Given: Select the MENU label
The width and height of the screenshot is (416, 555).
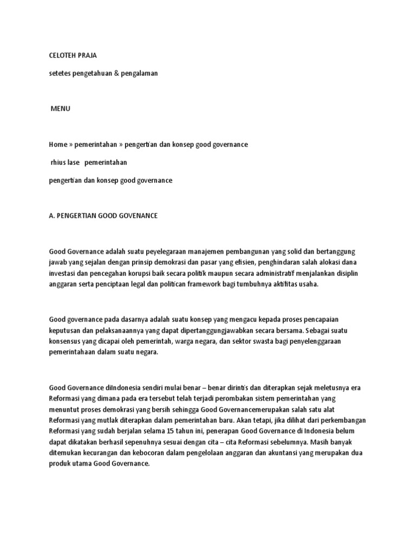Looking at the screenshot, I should pyautogui.click(x=61, y=108).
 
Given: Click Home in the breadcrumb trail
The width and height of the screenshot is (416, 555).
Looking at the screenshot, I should pyautogui.click(x=58, y=145).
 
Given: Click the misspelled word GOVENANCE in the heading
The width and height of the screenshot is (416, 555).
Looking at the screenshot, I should pyautogui.click(x=139, y=216).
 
